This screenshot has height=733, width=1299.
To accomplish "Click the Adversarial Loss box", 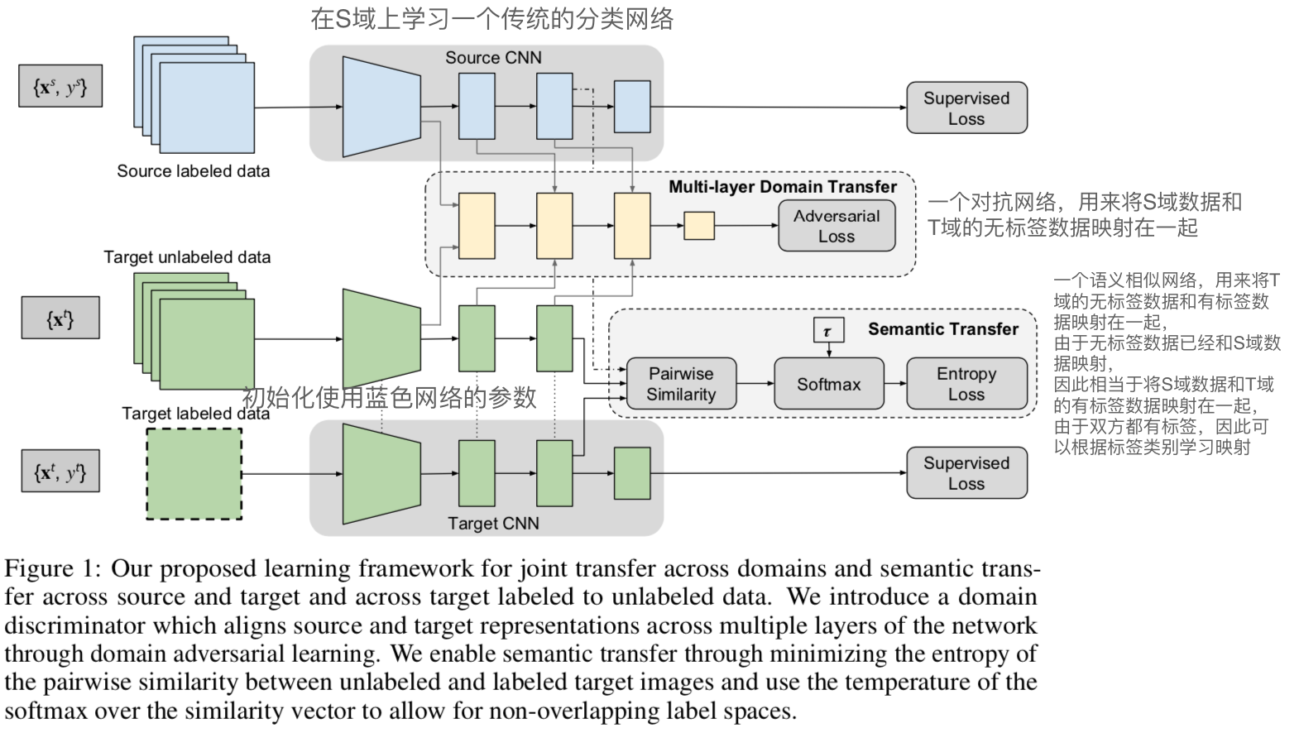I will click(836, 226).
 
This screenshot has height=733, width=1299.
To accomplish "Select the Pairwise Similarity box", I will click(681, 384).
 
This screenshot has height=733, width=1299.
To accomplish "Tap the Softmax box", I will click(828, 384).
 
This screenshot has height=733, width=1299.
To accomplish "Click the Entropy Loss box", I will click(966, 384).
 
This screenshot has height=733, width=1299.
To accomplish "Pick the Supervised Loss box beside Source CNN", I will click(966, 108).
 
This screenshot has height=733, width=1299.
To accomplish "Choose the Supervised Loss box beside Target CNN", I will click(966, 473).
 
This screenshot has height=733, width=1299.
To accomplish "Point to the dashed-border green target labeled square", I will click(194, 474).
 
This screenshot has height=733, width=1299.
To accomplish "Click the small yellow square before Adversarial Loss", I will click(698, 226).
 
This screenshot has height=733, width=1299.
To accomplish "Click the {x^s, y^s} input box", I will click(60, 87).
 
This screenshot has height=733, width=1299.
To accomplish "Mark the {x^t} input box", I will click(60, 318).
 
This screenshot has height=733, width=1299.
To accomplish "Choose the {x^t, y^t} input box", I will click(60, 472).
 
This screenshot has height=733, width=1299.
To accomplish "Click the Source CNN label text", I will click(493, 58).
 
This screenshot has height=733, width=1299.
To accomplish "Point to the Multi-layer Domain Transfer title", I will click(782, 187).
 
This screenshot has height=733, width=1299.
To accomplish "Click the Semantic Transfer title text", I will click(942, 329).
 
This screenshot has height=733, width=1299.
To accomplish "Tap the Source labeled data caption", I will click(193, 171).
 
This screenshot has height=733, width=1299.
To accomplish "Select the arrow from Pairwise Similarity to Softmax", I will click(755, 384).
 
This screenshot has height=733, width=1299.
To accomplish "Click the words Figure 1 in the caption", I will click(50, 569).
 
